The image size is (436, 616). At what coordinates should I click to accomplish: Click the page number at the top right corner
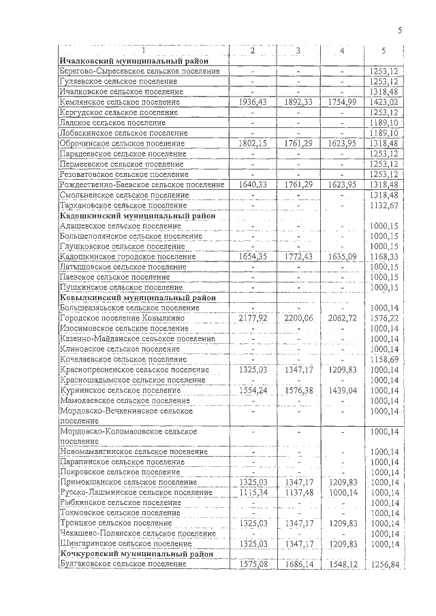coord(400,30)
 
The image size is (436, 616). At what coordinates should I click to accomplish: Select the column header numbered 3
coord(298,51)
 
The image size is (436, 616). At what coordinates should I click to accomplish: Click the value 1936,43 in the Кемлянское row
coord(253,102)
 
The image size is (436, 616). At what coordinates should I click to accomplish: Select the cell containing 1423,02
coord(384,102)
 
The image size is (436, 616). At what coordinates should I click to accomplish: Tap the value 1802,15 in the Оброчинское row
coord(253,144)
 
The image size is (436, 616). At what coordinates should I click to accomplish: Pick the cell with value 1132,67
coord(384,205)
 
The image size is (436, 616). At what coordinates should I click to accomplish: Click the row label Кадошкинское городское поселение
coord(122,257)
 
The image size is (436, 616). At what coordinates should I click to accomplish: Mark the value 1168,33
coord(384,257)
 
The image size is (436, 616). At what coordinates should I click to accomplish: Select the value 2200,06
coord(298,318)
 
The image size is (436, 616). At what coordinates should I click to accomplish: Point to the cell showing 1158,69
coord(384,359)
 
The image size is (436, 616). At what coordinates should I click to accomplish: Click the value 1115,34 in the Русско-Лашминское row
coord(253,492)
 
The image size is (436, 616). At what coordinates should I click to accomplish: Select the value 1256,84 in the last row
coord(384,564)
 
